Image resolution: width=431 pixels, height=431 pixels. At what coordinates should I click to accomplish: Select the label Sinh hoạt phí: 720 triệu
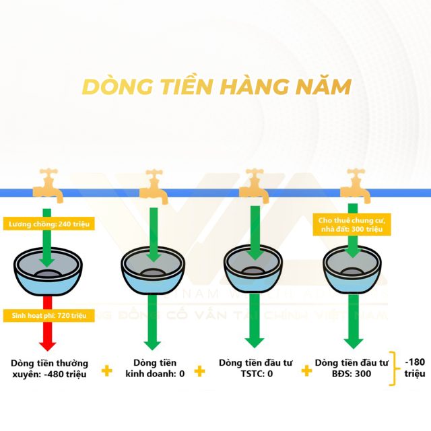click(47, 315)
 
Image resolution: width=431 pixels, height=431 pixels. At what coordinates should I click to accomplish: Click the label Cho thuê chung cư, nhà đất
click(351, 224)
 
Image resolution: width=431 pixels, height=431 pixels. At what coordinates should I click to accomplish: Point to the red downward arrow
click(47, 333)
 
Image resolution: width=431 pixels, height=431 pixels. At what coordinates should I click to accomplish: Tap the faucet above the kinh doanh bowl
click(154, 183)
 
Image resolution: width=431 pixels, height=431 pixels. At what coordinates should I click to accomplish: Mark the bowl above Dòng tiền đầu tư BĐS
click(352, 269)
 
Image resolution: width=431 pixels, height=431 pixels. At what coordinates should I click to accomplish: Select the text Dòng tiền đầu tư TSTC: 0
click(255, 368)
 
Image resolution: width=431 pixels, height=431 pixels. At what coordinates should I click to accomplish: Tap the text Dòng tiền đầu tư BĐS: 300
click(352, 368)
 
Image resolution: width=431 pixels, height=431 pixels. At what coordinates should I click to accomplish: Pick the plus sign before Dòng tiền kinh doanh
click(106, 370)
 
